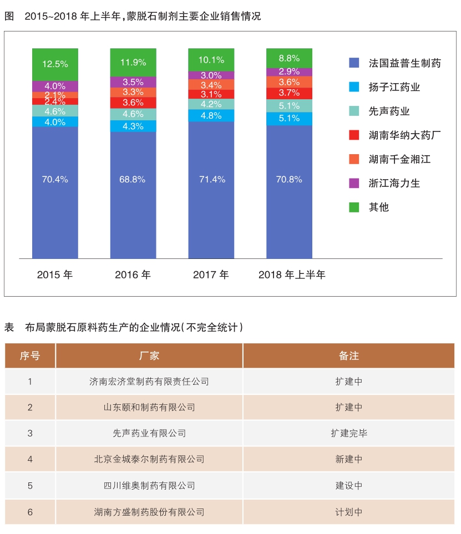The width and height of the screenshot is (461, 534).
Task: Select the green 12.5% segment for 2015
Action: tap(55, 64)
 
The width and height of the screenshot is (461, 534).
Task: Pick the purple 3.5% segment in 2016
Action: tap(133, 82)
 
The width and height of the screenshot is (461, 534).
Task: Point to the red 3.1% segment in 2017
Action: tap(211, 94)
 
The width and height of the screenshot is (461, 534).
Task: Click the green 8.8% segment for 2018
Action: tap(289, 58)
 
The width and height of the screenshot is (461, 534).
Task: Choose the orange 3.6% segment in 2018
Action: tap(289, 82)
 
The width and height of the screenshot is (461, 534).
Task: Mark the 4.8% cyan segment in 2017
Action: tap(211, 115)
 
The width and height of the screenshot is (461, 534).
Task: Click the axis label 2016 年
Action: tap(133, 274)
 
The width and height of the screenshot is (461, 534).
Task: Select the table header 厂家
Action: tap(149, 355)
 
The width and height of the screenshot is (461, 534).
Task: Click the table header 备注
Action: tap(349, 355)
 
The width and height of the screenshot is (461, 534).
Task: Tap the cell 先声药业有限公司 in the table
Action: tap(149, 433)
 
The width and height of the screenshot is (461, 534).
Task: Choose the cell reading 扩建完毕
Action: tap(349, 433)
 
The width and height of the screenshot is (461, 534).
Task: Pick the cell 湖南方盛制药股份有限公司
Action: tap(149, 512)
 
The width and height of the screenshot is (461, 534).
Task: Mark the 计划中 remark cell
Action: tap(349, 512)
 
